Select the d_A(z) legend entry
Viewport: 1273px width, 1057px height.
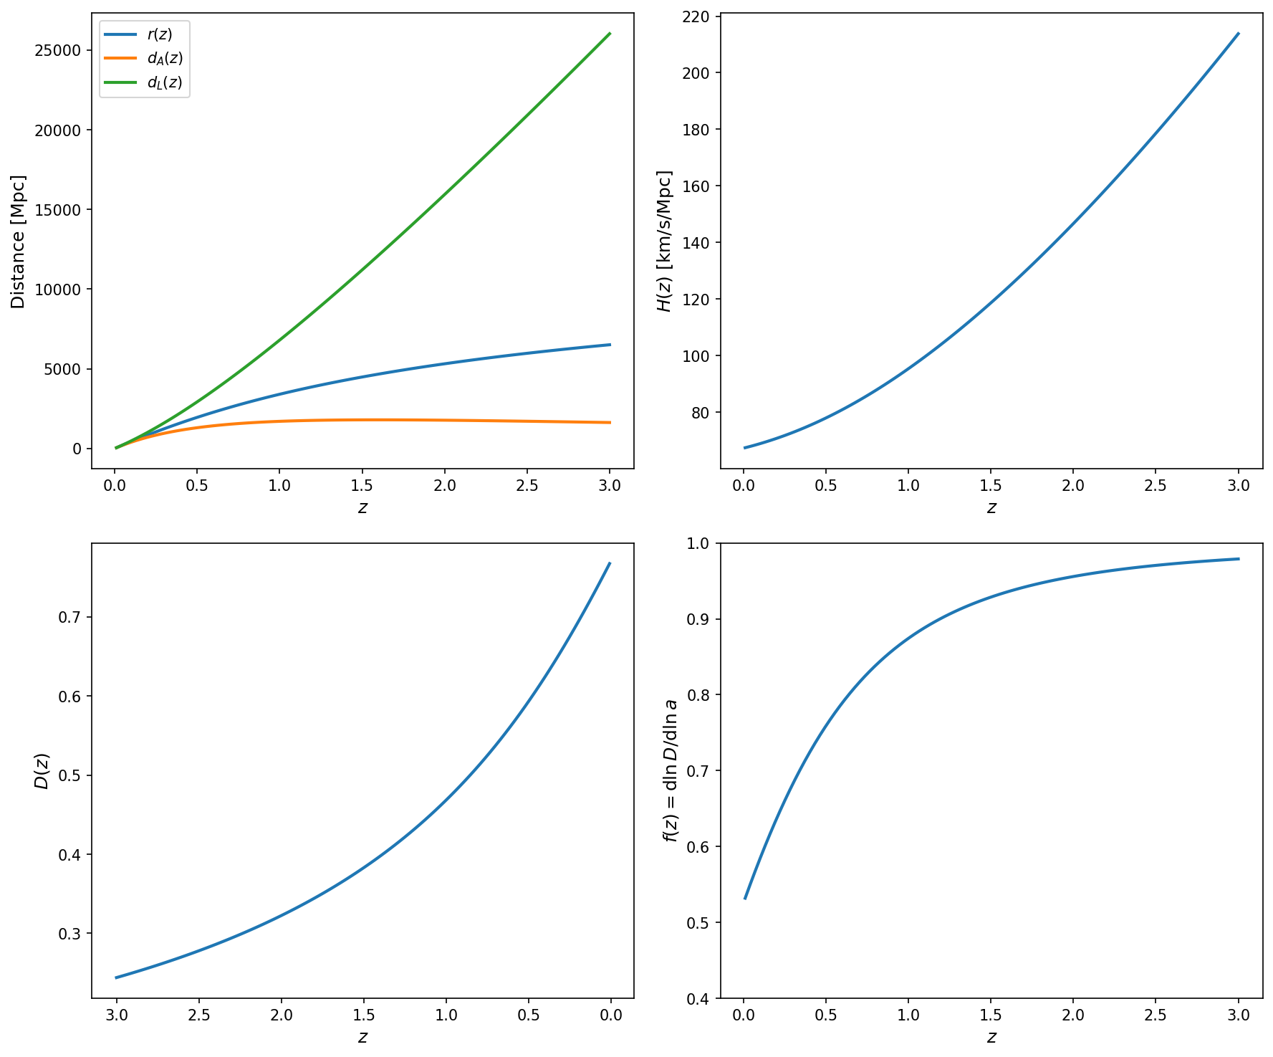coord(165,58)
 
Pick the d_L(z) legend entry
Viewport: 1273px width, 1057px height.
coord(165,82)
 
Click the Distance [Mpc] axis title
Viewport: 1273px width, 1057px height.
coord(19,241)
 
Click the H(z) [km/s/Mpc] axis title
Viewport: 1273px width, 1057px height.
coord(665,241)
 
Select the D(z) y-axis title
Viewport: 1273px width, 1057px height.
coord(42,771)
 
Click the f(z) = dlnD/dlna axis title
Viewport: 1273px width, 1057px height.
coord(671,771)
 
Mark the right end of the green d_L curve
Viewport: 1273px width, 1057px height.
coord(610,34)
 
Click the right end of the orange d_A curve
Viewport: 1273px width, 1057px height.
coord(610,423)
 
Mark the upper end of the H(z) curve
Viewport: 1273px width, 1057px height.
coord(1239,34)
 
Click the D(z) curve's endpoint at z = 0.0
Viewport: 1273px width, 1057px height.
coord(610,563)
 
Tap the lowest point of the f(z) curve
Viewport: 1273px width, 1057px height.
coord(745,898)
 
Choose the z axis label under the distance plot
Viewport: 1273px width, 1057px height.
coord(362,508)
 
